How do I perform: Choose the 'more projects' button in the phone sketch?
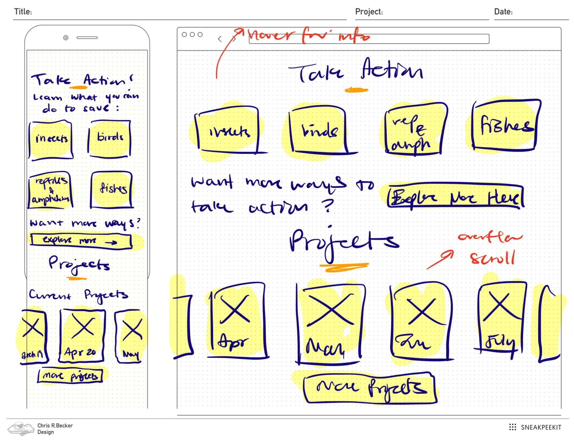70,376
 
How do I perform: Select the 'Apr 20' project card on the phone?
82,336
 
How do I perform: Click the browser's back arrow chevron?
220,39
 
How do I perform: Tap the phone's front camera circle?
66,38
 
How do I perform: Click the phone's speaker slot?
87,38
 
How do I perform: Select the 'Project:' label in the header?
369,12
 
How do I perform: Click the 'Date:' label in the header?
503,12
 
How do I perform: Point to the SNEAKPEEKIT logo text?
541,427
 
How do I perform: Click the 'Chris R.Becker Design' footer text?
55,429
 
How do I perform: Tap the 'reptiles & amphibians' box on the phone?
50,190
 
